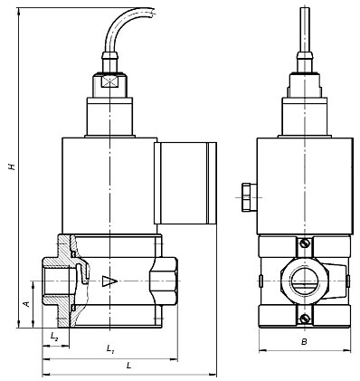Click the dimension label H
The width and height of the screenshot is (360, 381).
[12, 167]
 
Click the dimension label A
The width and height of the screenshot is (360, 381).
[27, 303]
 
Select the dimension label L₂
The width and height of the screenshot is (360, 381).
[54, 337]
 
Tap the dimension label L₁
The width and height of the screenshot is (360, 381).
[110, 348]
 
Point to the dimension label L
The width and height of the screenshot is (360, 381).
[129, 366]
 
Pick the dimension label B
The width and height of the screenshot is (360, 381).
[304, 342]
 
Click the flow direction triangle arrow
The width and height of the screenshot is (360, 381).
[109, 281]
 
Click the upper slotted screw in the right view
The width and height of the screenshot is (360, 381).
[305, 243]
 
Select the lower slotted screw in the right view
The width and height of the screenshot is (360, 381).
[305, 319]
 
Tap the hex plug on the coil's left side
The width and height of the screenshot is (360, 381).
[249, 197]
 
